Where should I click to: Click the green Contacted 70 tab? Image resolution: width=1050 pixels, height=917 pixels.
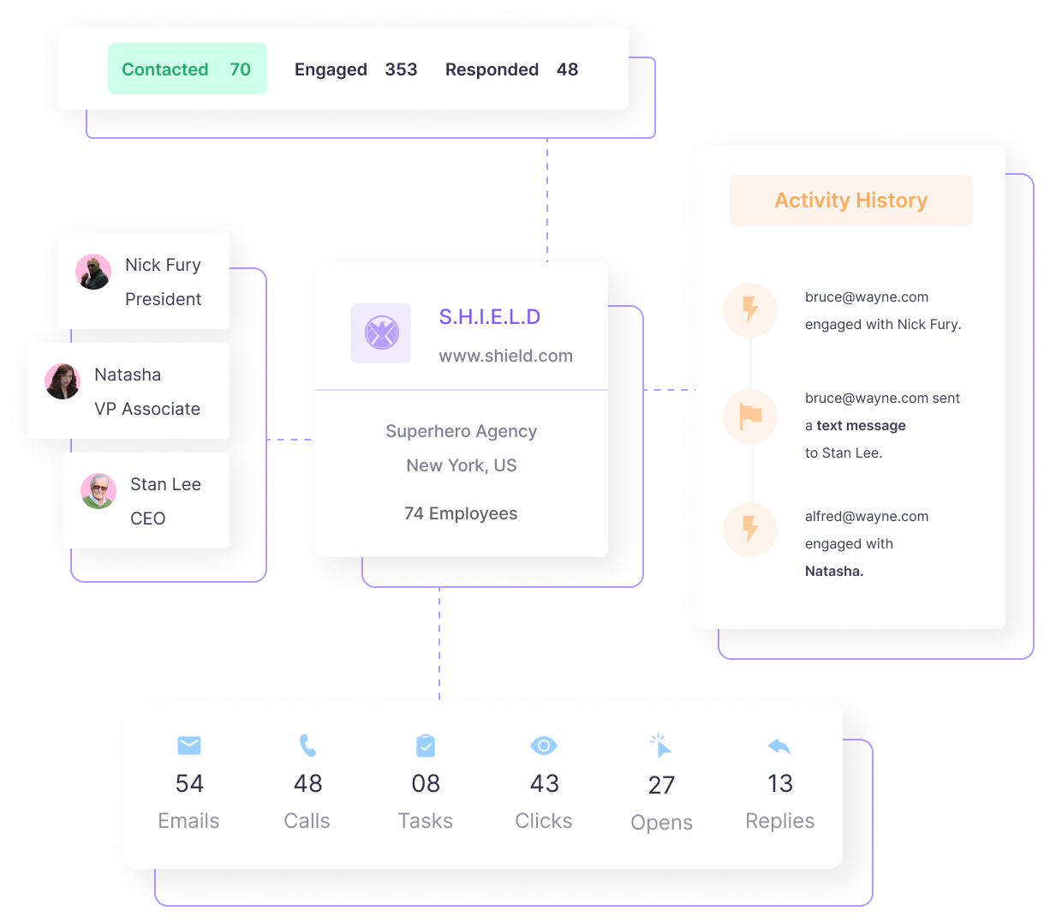pos(187,69)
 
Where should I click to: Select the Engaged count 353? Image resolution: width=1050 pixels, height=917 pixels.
pos(401,69)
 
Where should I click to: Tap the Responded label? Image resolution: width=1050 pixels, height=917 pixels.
pos(492,69)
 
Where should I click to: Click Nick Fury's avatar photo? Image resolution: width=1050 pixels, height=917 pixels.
pos(93,272)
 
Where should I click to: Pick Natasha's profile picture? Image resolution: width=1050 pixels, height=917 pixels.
pos(63,381)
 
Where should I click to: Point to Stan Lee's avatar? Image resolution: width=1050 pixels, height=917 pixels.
pos(98,491)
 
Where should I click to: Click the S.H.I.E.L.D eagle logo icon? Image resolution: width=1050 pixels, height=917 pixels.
pos(381,333)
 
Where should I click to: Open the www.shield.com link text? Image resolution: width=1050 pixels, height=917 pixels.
pos(505,356)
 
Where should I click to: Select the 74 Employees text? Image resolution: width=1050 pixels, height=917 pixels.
pos(461,513)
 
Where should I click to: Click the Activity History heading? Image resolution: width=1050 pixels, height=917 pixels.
pos(850,201)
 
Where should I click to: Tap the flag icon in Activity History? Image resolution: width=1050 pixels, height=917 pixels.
pos(750,417)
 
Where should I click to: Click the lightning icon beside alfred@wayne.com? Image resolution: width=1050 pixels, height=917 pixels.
pos(750,529)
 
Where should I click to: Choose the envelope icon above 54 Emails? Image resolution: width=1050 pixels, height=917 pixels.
pos(189,746)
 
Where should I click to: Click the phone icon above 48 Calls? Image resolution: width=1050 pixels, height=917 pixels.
pos(307,746)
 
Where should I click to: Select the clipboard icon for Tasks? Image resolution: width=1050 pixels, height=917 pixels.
pos(426,746)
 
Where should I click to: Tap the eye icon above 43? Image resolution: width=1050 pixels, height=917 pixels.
pos(544,746)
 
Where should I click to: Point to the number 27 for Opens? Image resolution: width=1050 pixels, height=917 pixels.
pos(661,785)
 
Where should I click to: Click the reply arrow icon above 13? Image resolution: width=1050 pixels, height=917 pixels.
pos(779,746)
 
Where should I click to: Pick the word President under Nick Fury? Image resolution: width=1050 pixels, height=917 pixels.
pos(163,299)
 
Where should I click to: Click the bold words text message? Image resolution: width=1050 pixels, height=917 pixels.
pos(861,426)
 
